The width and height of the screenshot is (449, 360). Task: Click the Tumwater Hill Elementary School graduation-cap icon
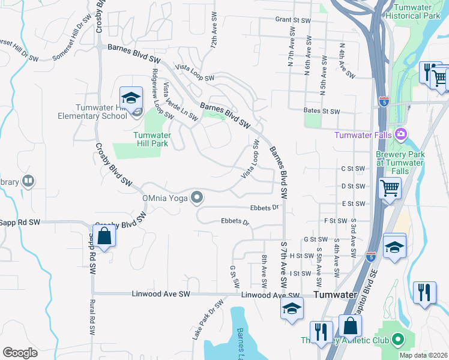pos(131,98)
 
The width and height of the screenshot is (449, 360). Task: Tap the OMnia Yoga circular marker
pos(196,197)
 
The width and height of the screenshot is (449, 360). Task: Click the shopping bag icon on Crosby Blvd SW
pos(104,235)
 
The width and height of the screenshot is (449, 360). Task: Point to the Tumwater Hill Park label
pos(151,139)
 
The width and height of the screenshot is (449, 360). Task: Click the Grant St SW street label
pos(293,20)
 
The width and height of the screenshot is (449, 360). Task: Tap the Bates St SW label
pos(322,112)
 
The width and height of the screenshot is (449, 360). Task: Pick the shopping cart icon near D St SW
pos(390,189)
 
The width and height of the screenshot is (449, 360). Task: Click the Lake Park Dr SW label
pos(203,324)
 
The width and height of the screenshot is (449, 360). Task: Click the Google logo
pos(20,352)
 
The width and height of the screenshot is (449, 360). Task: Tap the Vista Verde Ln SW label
pos(180,102)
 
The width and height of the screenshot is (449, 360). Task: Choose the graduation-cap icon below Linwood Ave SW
pos(291,308)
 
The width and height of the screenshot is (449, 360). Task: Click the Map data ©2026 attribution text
pos(423,355)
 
